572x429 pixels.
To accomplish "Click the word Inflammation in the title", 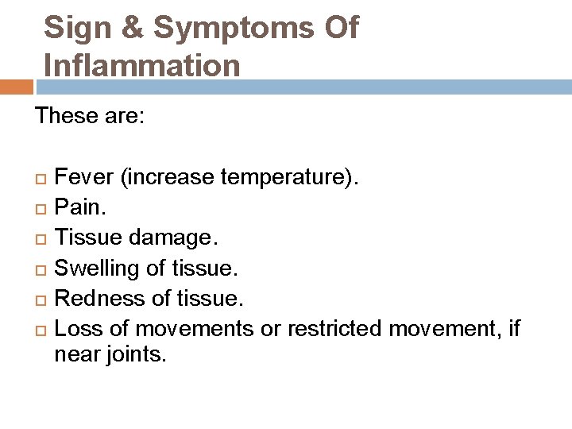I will pos(142,65).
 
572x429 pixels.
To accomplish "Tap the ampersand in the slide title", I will pos(134,28).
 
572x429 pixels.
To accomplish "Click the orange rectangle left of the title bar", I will pos(17,87).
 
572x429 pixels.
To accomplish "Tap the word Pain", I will pos(78,207).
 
